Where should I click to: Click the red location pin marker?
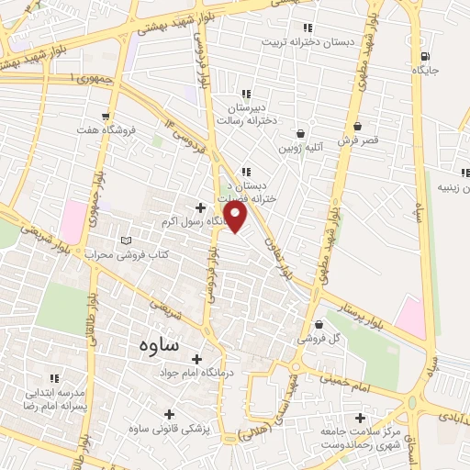(236, 218)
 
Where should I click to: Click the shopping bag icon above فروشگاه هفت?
(108, 117)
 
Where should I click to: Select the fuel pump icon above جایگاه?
(423, 53)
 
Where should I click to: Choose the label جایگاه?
(423, 69)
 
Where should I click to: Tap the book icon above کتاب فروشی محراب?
(126, 241)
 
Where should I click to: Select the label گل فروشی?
(318, 339)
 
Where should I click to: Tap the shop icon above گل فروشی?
(319, 324)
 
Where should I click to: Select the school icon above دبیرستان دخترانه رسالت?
(245, 94)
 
